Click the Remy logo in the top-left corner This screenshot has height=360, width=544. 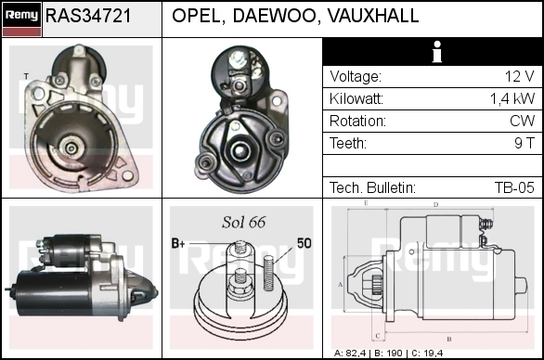pos(22,19)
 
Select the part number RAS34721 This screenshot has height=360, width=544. pos(88,16)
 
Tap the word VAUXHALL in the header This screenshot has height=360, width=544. pos(373,16)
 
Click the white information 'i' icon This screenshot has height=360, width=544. pos(437,52)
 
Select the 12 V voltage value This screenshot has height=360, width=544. pos(519,76)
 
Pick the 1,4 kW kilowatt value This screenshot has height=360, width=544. pos(512,99)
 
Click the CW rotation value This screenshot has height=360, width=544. pos(522,121)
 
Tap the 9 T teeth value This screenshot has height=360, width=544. pos(525,143)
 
